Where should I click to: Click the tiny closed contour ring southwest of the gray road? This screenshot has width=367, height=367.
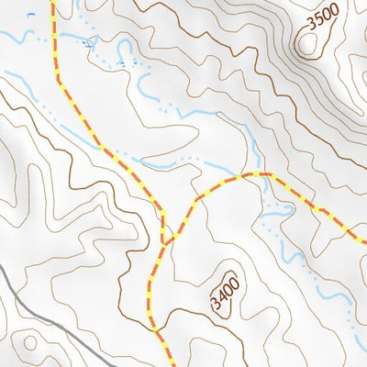pos(30,342)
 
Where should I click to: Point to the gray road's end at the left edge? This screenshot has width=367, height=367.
pos(2,269)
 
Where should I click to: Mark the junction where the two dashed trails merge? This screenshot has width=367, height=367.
pos(165,241)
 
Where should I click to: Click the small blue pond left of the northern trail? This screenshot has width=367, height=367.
pos(31,16)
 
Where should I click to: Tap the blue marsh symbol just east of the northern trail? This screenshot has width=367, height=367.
pos(88,43)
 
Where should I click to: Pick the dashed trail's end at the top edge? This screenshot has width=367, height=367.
pos(52,2)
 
